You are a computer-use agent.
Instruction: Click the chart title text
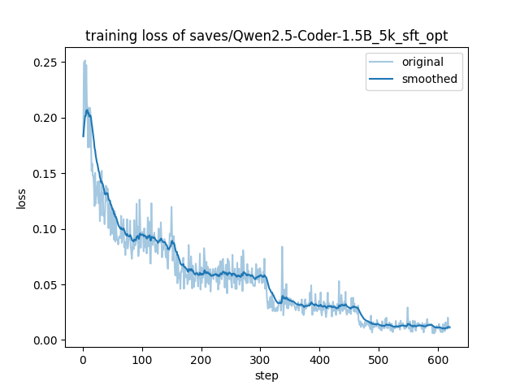point(266,37)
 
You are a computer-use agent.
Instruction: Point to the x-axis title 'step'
point(266,375)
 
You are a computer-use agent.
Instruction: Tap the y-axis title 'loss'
point(22,198)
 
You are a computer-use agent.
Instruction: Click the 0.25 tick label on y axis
point(44,63)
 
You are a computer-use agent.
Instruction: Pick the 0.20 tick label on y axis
point(44,118)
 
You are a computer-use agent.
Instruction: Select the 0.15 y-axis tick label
point(44,174)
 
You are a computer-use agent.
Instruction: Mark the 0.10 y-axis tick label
point(44,229)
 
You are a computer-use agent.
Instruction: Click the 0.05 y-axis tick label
point(44,284)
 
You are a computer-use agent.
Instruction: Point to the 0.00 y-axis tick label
point(44,340)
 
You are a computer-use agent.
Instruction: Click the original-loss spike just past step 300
point(282,248)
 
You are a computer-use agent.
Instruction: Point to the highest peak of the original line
point(84,61)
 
